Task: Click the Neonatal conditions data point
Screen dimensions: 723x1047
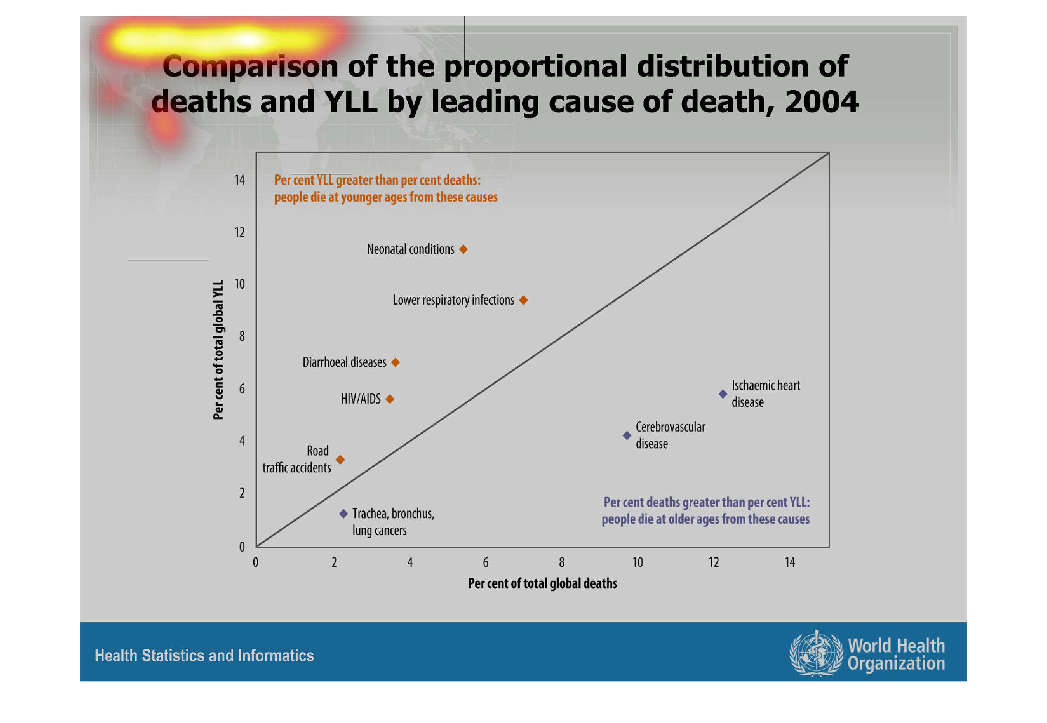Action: pyautogui.click(x=463, y=249)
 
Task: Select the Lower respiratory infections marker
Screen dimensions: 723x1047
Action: pyautogui.click(x=523, y=300)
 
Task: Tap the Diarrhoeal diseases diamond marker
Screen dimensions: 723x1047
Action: pyautogui.click(x=395, y=362)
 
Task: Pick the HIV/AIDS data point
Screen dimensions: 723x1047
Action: pyautogui.click(x=390, y=399)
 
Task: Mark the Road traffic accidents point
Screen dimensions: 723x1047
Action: pyautogui.click(x=340, y=459)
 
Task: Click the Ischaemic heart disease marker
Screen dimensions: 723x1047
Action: pyautogui.click(x=723, y=394)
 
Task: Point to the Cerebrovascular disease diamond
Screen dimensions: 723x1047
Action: pyautogui.click(x=627, y=435)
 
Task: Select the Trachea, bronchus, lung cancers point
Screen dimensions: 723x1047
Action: pyautogui.click(x=343, y=514)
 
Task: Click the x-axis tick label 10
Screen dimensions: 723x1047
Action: pyautogui.click(x=638, y=562)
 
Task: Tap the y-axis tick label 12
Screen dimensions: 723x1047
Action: pyautogui.click(x=240, y=232)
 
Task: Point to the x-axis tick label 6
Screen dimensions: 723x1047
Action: pyautogui.click(x=486, y=562)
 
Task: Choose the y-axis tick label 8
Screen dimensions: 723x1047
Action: pyautogui.click(x=242, y=336)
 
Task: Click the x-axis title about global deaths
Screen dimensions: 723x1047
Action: pyautogui.click(x=542, y=584)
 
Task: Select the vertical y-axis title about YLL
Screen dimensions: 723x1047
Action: pyautogui.click(x=218, y=350)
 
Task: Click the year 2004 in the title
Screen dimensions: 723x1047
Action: pyautogui.click(x=822, y=102)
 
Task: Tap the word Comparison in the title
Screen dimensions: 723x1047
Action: pyautogui.click(x=250, y=66)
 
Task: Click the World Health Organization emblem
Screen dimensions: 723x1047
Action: pyautogui.click(x=816, y=654)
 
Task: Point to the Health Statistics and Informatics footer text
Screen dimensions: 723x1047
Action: pyautogui.click(x=204, y=655)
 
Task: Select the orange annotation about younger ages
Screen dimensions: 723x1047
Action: pyautogui.click(x=386, y=189)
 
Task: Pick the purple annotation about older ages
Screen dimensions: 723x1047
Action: pyautogui.click(x=706, y=511)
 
